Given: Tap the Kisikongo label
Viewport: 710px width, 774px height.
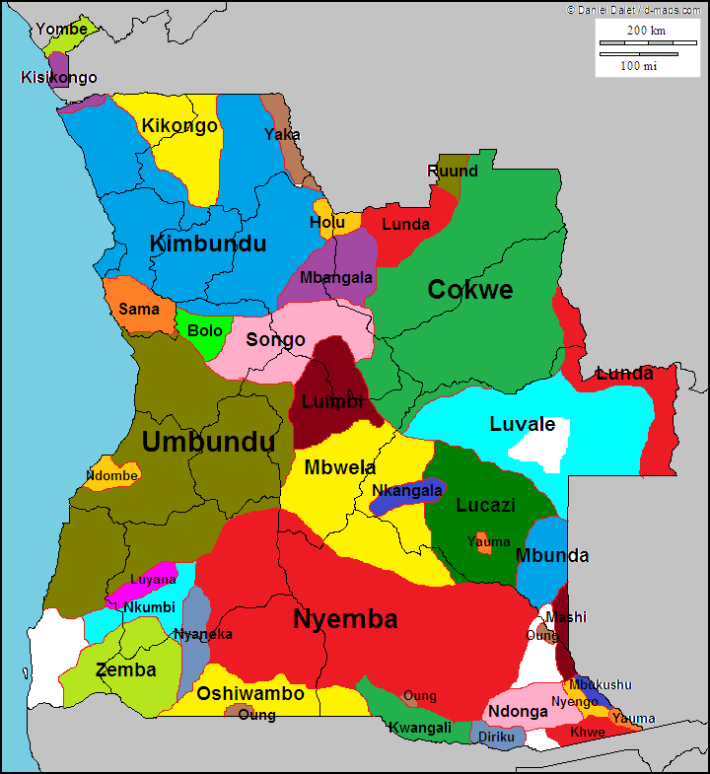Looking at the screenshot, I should [x=59, y=77].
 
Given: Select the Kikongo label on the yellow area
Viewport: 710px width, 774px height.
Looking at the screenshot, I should [x=179, y=126].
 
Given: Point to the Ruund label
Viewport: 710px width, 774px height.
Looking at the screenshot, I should [x=452, y=171].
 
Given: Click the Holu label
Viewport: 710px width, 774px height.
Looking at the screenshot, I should [x=327, y=223].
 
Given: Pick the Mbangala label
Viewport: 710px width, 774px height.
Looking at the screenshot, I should [x=336, y=277].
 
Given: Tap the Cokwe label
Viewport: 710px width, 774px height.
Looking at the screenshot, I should [x=469, y=289].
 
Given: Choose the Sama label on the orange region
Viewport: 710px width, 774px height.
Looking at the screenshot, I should [x=139, y=309].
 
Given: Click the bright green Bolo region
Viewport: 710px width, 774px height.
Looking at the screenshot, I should [x=204, y=330].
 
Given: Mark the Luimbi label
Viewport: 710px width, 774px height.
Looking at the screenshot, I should [x=332, y=401].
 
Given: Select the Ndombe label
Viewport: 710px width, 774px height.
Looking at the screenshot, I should [x=111, y=474].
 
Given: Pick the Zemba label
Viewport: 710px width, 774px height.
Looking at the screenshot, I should [x=125, y=669].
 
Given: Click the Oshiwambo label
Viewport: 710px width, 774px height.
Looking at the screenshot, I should [x=250, y=693].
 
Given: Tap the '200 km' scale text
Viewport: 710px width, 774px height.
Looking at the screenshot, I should [x=646, y=30].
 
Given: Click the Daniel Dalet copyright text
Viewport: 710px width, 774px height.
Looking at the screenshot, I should [x=635, y=8].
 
